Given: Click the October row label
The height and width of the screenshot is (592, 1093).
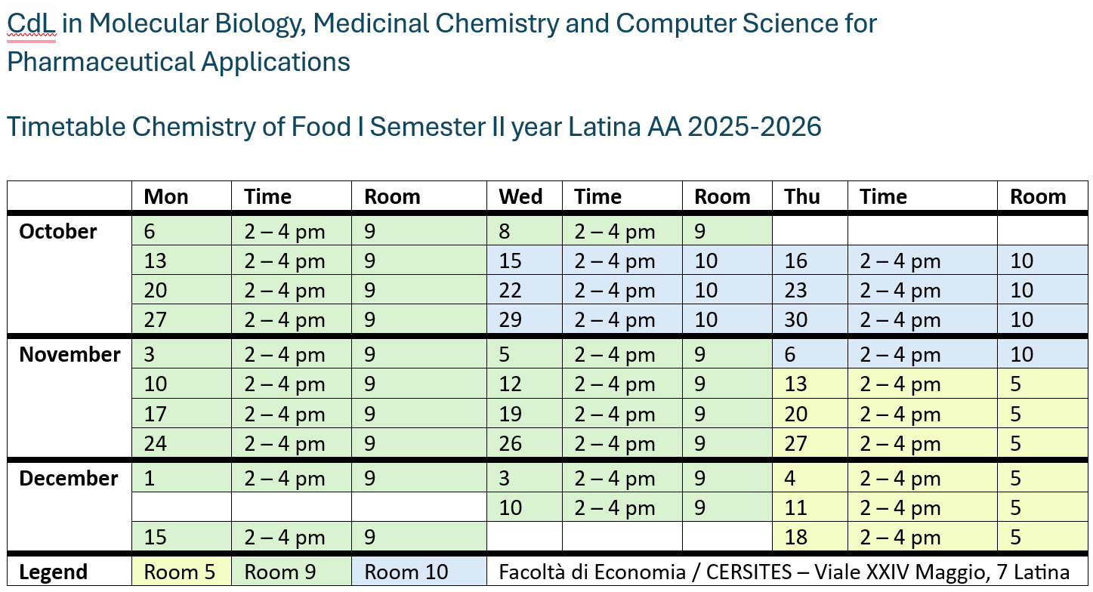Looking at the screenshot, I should click(x=58, y=232).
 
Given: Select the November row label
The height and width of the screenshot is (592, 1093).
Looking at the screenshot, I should click(x=69, y=355).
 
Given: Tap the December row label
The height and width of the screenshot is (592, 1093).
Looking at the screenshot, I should click(x=68, y=479).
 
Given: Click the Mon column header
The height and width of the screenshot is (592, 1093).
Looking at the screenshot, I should click(x=165, y=197).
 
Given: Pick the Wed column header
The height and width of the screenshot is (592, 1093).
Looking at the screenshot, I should click(x=520, y=197).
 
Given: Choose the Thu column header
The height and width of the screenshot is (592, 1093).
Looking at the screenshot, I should click(x=802, y=197).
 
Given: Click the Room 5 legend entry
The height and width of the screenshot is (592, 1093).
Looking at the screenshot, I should click(x=180, y=572).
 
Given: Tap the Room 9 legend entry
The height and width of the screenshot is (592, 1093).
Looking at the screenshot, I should click(x=280, y=572).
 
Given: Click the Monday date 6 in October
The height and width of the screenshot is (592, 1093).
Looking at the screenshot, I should click(x=150, y=232).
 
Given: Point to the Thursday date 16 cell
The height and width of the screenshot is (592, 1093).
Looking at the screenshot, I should click(x=795, y=261).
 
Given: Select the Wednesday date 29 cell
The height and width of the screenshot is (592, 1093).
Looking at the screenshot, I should click(x=510, y=320).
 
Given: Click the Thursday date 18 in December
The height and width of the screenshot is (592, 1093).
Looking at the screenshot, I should click(x=795, y=538).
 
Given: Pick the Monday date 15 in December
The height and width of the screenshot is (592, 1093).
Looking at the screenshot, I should click(x=155, y=538).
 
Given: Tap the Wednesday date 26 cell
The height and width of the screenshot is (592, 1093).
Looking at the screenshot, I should click(x=510, y=444).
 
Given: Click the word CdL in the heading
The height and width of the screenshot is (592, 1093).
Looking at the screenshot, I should click(x=31, y=24).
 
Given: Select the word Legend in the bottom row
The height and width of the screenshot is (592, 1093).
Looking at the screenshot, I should click(x=53, y=572).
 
